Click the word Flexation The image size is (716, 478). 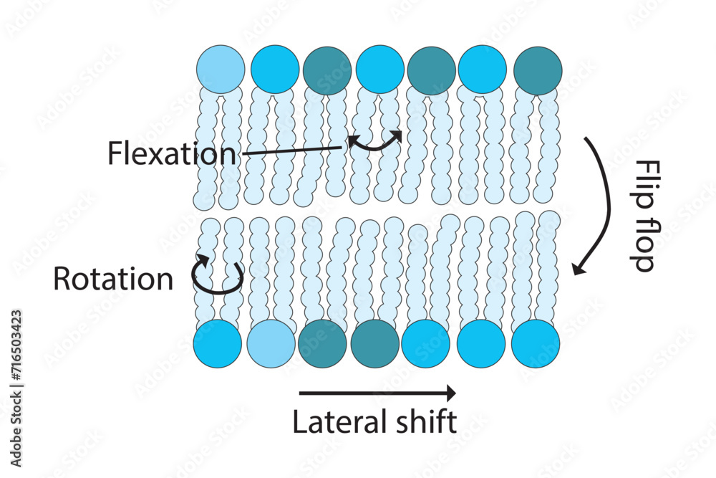point(171,153)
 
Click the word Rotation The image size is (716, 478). point(113,279)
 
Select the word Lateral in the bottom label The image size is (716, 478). point(331,422)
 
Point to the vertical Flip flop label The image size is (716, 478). point(642,215)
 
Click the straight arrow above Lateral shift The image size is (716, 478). point(377,393)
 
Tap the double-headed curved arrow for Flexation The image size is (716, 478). point(375,143)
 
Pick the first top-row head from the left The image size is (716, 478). point(221,70)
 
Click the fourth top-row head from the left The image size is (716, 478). point(379,70)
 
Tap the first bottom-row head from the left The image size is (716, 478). point(218,344)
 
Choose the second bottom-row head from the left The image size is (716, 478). point(271,344)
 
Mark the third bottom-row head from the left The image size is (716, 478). point(322,344)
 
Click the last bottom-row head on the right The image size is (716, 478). point(535,344)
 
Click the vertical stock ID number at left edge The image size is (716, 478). point(16,358)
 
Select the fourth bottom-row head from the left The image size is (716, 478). point(375,344)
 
